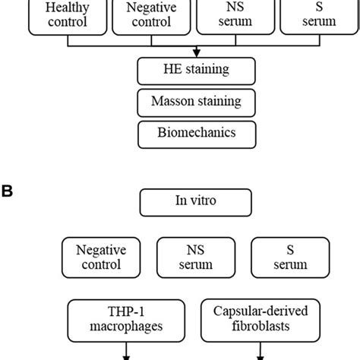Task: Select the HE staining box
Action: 197,71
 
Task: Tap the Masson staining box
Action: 197,102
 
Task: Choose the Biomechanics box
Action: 197,133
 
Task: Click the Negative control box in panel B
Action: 101,256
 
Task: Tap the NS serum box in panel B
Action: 195,256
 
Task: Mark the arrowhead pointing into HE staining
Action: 197,53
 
